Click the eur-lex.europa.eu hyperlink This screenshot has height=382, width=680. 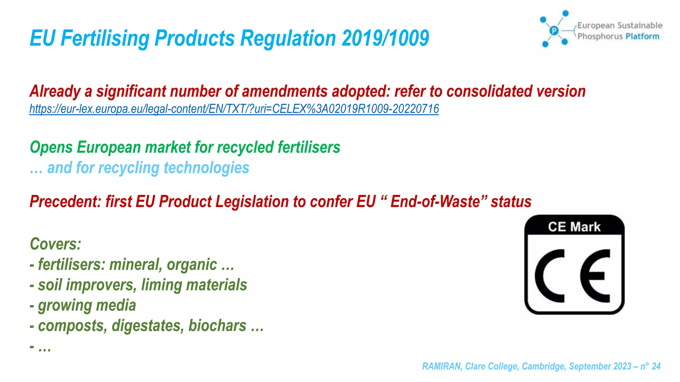click(x=234, y=109)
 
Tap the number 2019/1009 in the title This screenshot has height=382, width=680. click(x=385, y=38)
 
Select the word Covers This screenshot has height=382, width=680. click(x=55, y=244)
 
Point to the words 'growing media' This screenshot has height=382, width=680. click(x=87, y=305)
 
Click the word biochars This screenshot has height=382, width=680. click(x=217, y=326)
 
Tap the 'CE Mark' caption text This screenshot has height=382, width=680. click(x=574, y=227)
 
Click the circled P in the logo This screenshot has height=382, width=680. click(x=554, y=31)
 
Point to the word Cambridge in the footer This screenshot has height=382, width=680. click(x=543, y=366)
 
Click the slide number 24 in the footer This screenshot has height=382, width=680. click(x=656, y=366)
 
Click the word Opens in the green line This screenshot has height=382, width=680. click(x=51, y=148)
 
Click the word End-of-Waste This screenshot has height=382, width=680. click(x=435, y=202)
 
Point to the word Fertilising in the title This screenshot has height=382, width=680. click(x=105, y=38)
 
